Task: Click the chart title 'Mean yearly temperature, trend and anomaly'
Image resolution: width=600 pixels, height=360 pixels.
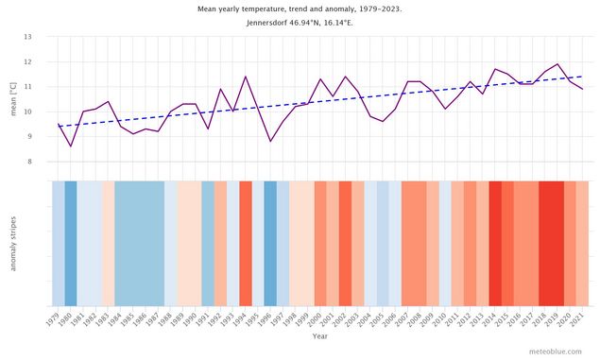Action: (300, 9)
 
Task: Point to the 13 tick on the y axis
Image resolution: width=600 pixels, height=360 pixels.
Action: (27, 37)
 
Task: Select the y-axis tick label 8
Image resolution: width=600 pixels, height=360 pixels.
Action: (28, 162)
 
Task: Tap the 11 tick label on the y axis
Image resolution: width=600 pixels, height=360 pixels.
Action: (27, 87)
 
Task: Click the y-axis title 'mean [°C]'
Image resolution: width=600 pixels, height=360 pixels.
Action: (13, 99)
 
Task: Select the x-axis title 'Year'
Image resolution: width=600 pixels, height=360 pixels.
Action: (320, 336)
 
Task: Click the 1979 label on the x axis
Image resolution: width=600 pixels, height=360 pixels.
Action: (54, 319)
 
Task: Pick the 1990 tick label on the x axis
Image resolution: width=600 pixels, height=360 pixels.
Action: (191, 319)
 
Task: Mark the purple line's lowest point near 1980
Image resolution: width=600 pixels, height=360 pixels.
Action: (71, 146)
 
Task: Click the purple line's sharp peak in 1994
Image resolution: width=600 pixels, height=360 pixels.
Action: (246, 77)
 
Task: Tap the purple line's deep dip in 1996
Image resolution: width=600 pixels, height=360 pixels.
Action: (270, 142)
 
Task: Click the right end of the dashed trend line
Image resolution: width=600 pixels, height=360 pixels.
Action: (582, 77)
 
